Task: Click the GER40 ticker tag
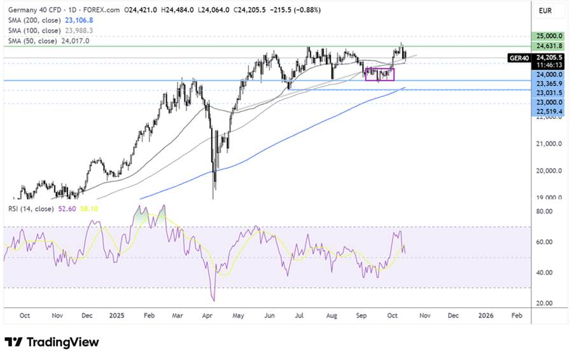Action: (x=517, y=57)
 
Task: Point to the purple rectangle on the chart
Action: (x=380, y=74)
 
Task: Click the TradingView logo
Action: (x=52, y=342)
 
